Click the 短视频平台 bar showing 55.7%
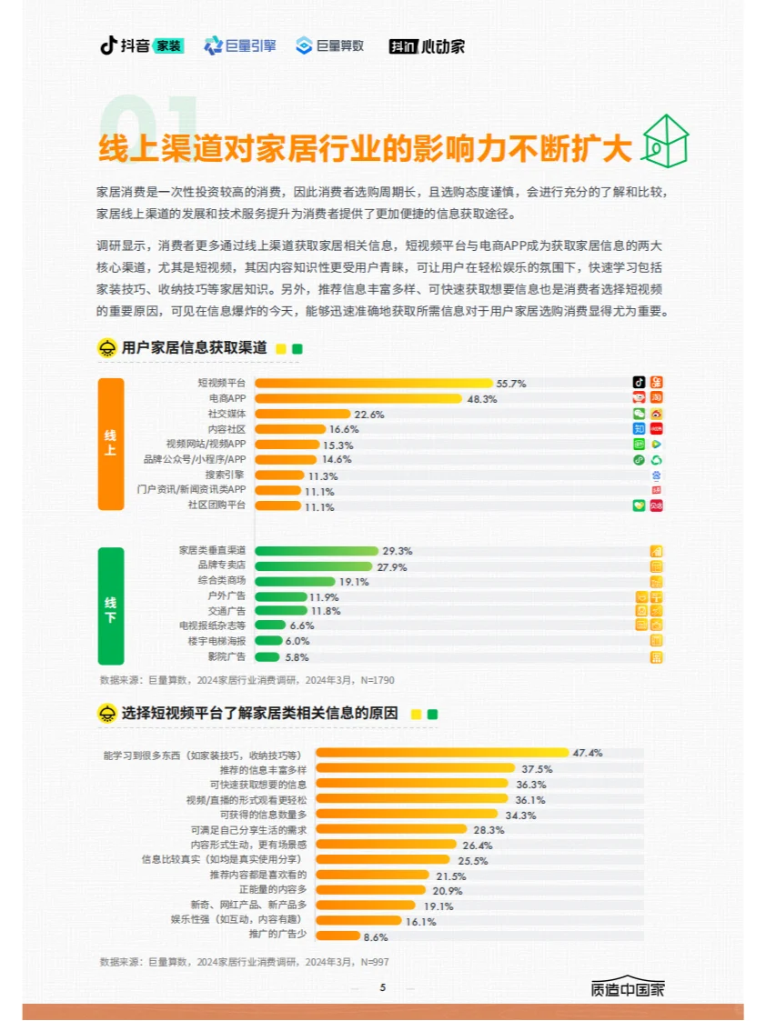click(373, 383)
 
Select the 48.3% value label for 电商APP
click(482, 399)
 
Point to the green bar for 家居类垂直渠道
click(316, 551)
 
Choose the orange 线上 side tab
click(110, 444)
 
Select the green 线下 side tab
click(110, 605)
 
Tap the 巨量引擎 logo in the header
click(239, 45)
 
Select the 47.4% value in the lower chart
click(588, 753)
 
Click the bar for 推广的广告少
click(338, 936)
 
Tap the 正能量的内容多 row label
click(273, 889)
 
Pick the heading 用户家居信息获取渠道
click(194, 348)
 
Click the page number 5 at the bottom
click(383, 987)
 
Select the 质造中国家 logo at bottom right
click(628, 989)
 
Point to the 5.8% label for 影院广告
click(297, 657)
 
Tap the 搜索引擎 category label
click(226, 475)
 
